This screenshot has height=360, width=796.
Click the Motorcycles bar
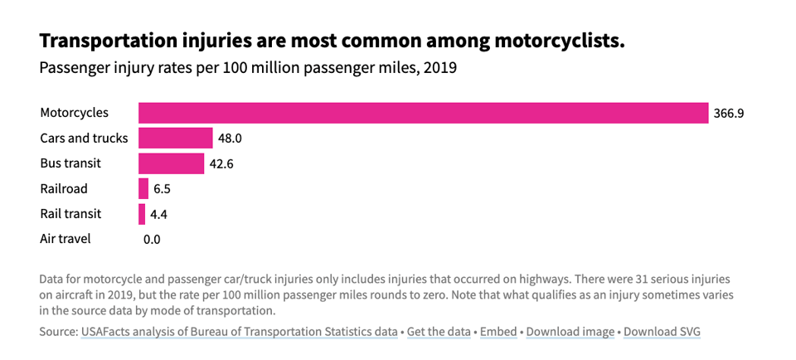point(423,113)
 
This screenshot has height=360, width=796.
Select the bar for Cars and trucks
point(176,138)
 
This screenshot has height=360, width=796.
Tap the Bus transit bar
point(171,163)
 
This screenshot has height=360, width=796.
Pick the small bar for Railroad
point(143,188)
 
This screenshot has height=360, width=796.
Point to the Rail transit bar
point(142,214)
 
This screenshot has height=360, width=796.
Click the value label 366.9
point(728,114)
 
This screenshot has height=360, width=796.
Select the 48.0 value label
point(230,139)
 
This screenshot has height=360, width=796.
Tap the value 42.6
point(221,163)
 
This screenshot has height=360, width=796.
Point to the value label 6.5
point(162,189)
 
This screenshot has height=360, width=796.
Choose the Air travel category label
point(66,239)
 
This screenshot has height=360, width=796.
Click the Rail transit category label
point(70,214)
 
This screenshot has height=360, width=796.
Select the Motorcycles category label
point(74,113)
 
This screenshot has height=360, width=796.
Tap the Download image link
point(570,332)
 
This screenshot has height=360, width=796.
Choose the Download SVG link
point(662,332)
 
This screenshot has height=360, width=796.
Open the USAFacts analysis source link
point(239,332)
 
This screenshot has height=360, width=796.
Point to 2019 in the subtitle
point(439,68)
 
